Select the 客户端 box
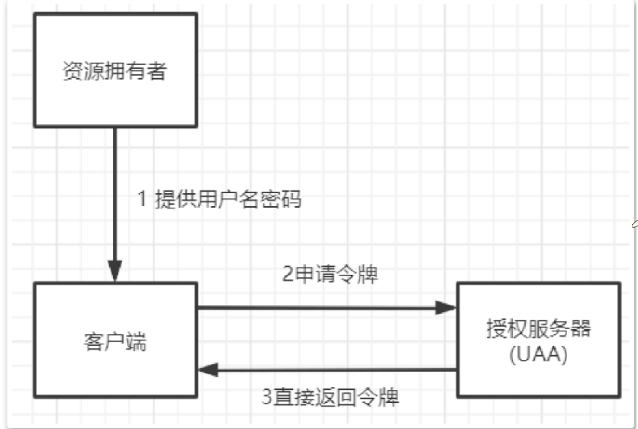click(115, 339)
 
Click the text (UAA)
click(538, 354)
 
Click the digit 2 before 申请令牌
click(287, 275)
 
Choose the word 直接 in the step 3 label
click(291, 397)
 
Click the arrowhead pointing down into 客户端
click(114, 272)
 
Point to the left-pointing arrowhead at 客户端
click(208, 370)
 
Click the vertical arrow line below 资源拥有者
click(114, 195)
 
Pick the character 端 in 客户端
click(135, 341)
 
